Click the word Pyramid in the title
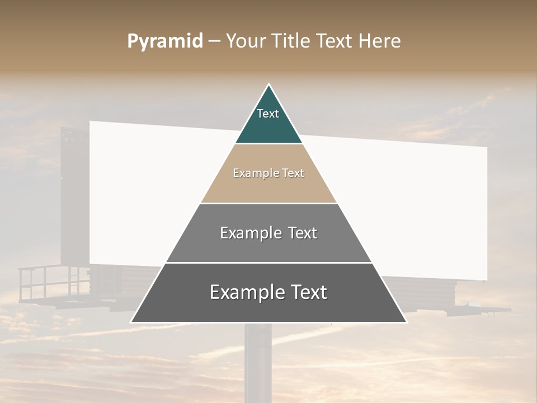(164, 41)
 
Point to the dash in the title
(214, 41)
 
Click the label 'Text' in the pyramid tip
(267, 114)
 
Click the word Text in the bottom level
(305, 292)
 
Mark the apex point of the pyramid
(268, 85)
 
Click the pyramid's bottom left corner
(131, 322)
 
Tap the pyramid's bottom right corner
(406, 322)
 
